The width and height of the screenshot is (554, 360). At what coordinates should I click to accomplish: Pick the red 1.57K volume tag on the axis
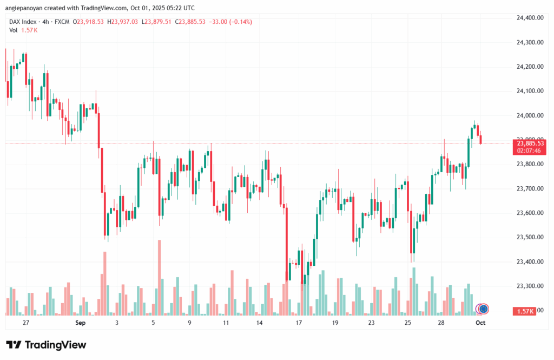coord(526,311)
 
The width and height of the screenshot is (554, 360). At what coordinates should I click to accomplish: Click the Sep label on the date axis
coord(81,323)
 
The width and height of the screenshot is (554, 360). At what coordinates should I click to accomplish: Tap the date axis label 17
coord(299,323)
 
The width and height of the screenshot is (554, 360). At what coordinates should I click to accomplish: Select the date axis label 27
coord(26,323)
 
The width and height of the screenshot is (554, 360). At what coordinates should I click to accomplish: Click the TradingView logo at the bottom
coord(46,345)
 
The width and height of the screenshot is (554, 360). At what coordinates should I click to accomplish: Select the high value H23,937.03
coord(123,22)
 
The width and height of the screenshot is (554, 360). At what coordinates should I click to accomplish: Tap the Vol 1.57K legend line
coord(23,30)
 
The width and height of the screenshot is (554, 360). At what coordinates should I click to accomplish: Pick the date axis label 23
coord(371,323)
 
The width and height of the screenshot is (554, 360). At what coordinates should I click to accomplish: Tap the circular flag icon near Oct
coord(483,309)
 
